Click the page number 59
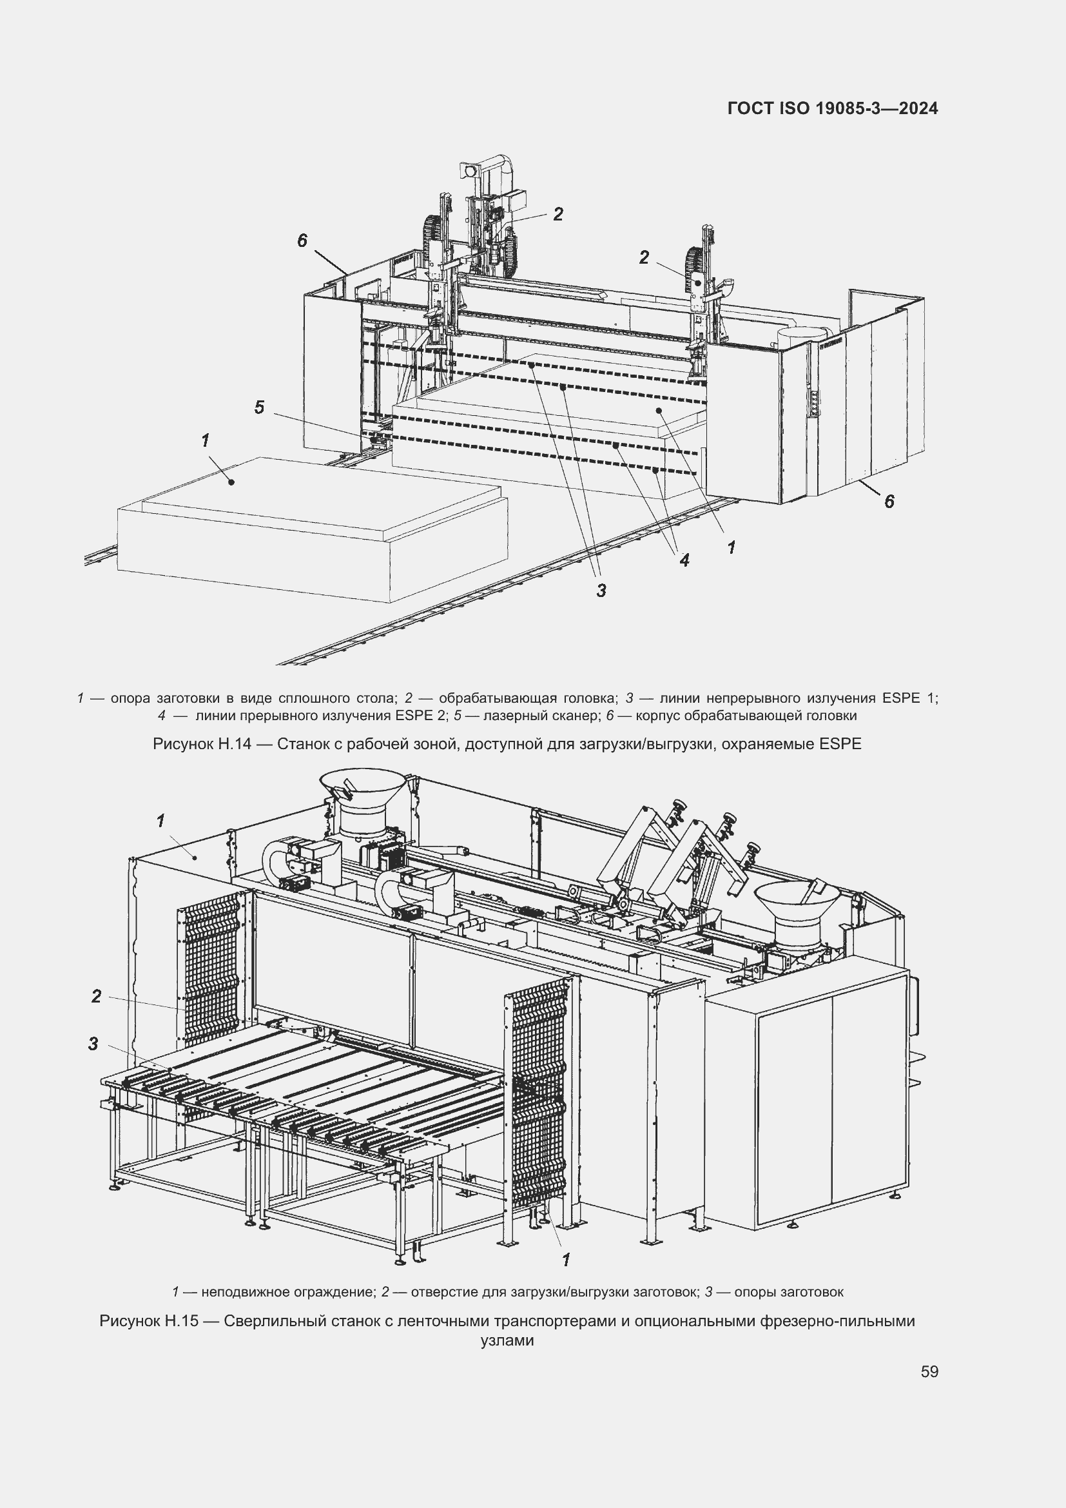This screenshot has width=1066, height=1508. [x=929, y=1371]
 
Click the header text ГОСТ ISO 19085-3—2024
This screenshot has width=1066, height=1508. [x=832, y=108]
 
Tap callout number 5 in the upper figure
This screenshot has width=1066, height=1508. [x=259, y=407]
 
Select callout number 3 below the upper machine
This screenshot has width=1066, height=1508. [x=601, y=590]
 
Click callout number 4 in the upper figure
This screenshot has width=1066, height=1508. [x=684, y=560]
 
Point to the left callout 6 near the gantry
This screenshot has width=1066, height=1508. [x=302, y=240]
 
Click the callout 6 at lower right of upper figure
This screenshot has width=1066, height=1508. [x=889, y=501]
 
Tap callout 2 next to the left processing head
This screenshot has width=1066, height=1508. [x=558, y=213]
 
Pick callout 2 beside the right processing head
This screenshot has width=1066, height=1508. [x=644, y=257]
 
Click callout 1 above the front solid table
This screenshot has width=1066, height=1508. [x=206, y=440]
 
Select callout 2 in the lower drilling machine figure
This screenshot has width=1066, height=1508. [x=97, y=996]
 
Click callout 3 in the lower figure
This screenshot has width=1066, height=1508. [x=93, y=1044]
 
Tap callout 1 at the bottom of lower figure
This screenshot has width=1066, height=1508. [x=566, y=1258]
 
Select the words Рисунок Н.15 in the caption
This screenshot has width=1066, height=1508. [x=149, y=1320]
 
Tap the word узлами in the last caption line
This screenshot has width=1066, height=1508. [x=507, y=1340]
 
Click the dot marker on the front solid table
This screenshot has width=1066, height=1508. [x=231, y=482]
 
